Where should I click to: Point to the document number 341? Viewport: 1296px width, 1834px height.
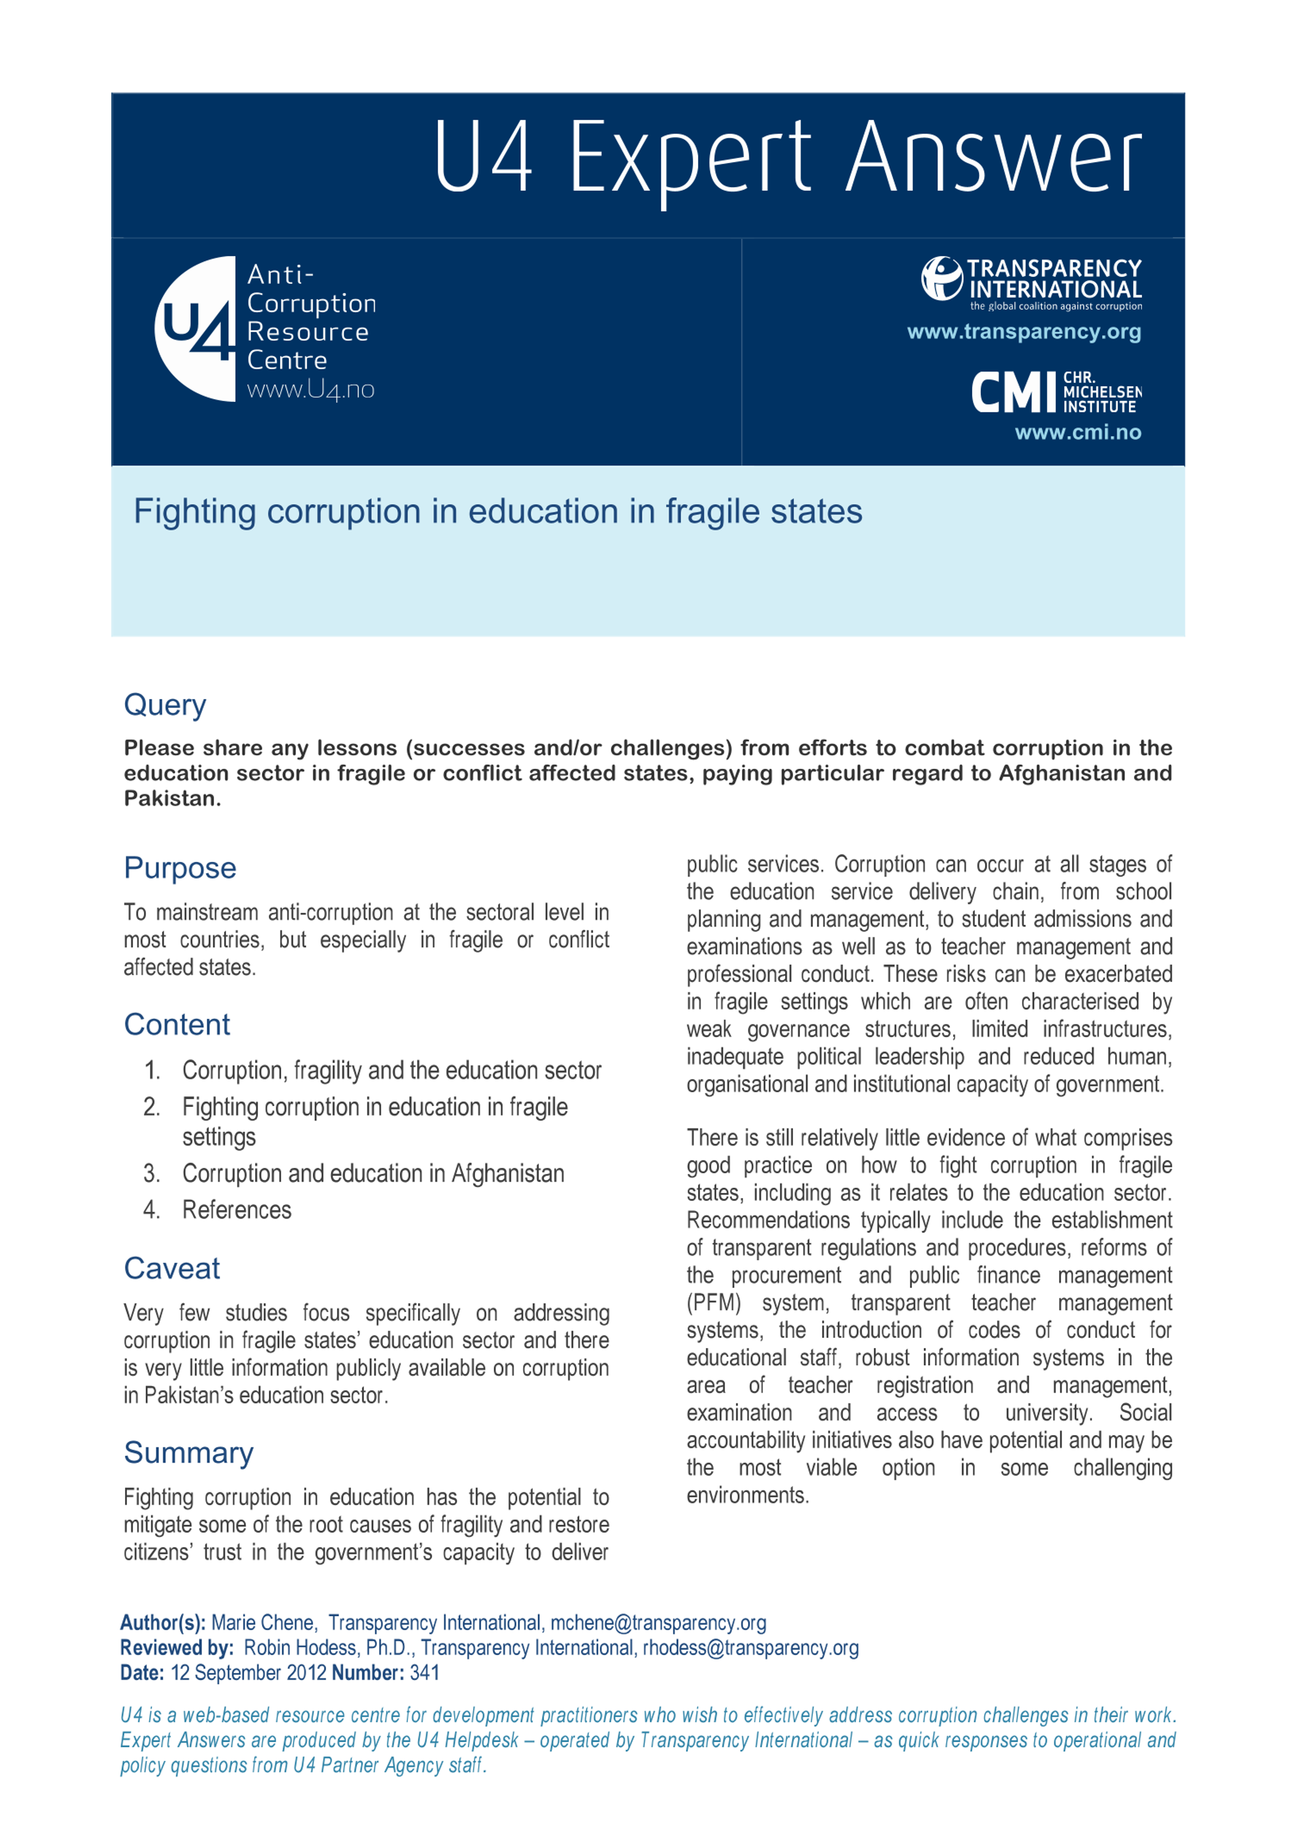(x=424, y=1673)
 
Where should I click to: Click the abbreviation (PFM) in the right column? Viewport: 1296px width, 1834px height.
(x=713, y=1303)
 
